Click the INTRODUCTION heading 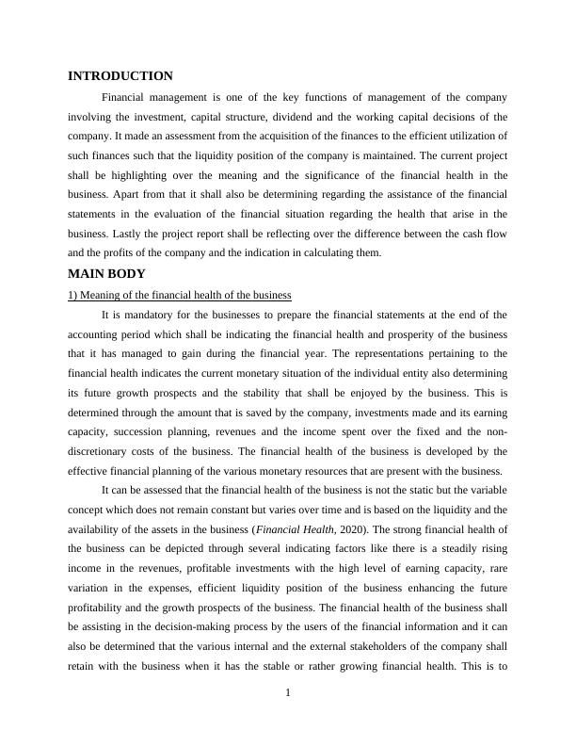coord(120,76)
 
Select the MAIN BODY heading coord(106,274)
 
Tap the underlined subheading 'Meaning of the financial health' coord(180,296)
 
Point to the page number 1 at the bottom coord(288,694)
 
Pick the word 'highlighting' coord(150,175)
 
